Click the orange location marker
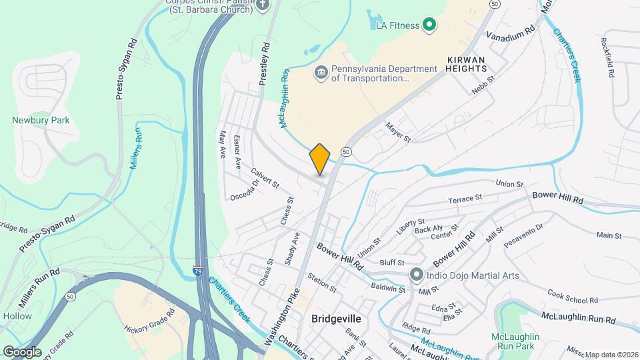tap(320, 159)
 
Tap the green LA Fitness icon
tap(430, 26)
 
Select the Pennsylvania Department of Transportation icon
tap(321, 72)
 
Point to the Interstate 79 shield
tap(198, 271)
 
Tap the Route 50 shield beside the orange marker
tap(347, 151)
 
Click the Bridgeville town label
tap(336, 319)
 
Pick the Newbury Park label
tap(41, 121)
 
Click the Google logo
tap(22, 351)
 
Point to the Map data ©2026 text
tap(611, 355)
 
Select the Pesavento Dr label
tap(523, 235)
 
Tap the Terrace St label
tap(465, 199)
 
